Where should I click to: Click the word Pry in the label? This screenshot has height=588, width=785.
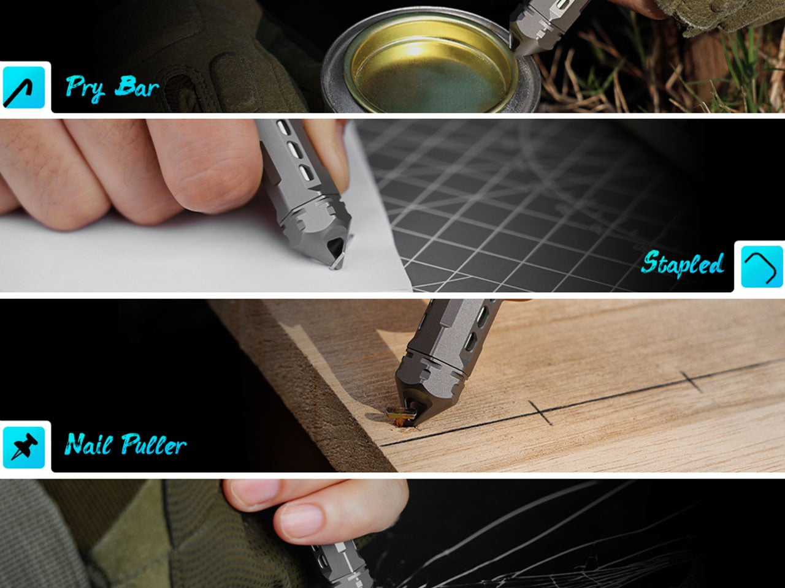[85, 87]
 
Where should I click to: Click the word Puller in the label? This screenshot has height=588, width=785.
[154, 444]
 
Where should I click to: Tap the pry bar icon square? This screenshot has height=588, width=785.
[23, 88]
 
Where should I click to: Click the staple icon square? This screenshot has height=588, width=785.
[762, 266]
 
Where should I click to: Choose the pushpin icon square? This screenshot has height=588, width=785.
[23, 447]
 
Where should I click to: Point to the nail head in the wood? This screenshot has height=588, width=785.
[400, 414]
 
